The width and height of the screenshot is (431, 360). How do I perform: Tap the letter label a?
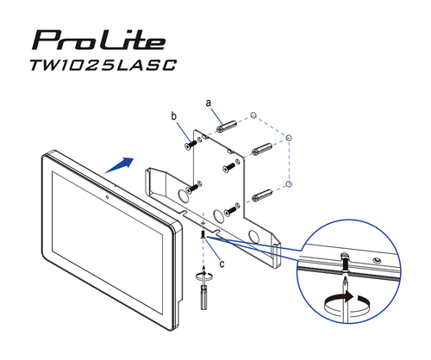(208, 102)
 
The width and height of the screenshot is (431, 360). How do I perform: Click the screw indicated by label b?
(188, 145)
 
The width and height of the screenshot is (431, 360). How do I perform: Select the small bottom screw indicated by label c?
(202, 235)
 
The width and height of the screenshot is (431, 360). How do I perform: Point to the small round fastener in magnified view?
(376, 259)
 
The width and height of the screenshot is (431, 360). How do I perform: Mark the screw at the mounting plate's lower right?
(230, 208)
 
